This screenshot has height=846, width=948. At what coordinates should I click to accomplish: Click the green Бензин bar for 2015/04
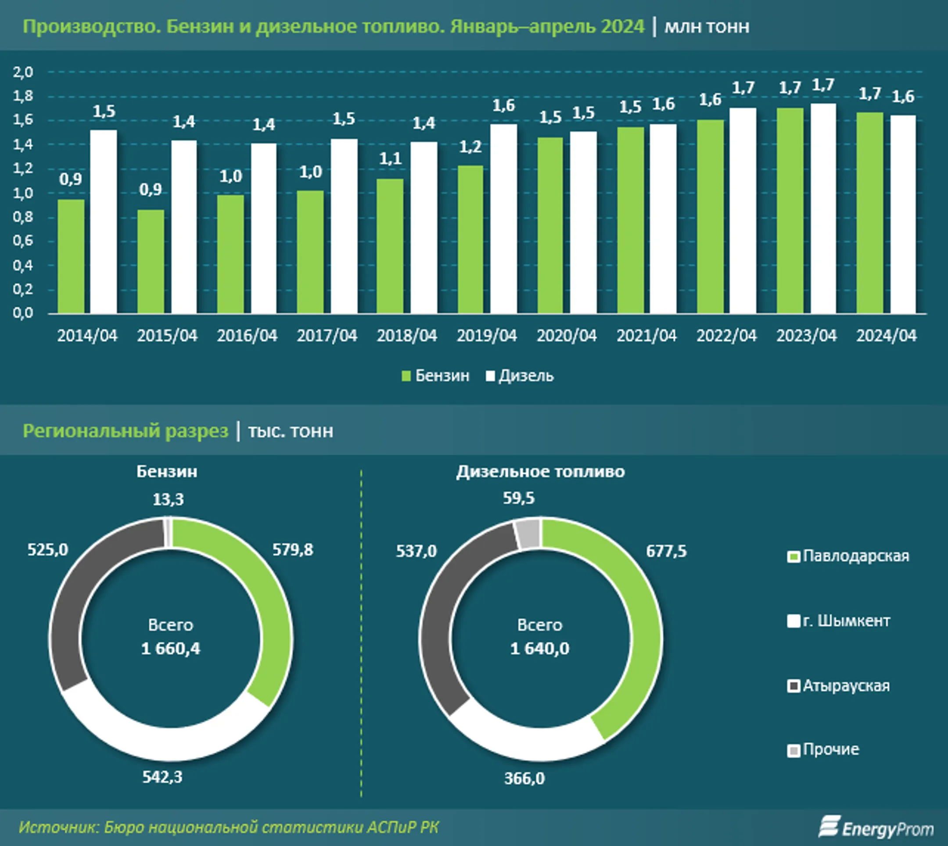pos(151,261)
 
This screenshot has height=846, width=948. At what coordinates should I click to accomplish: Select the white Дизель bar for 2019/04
pos(503,219)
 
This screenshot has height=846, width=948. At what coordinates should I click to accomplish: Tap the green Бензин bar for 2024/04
pos(869,212)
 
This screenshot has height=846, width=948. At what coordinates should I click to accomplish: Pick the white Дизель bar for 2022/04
pos(743,211)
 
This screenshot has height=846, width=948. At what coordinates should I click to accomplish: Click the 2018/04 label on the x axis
pos(407,336)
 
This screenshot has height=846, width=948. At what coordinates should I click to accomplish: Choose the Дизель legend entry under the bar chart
pos(520,376)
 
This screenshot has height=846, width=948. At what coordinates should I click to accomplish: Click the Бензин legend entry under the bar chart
pos(436,376)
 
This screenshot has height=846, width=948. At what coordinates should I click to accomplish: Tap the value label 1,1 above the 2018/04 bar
pos(390,159)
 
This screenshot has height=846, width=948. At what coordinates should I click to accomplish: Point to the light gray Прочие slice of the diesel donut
pos(528,534)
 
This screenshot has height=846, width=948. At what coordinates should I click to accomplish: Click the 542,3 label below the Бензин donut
pos(162,777)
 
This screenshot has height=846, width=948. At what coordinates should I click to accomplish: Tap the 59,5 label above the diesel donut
pos(519,498)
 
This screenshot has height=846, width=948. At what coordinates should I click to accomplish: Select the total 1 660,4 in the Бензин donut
pos(171,649)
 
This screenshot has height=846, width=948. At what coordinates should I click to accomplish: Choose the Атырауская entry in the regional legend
pos(838,686)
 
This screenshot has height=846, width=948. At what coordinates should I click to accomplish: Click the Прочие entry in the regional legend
pos(823,749)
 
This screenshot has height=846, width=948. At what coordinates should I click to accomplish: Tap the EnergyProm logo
pos(876,828)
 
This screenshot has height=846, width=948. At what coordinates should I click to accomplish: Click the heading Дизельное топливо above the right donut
pos(540,472)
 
